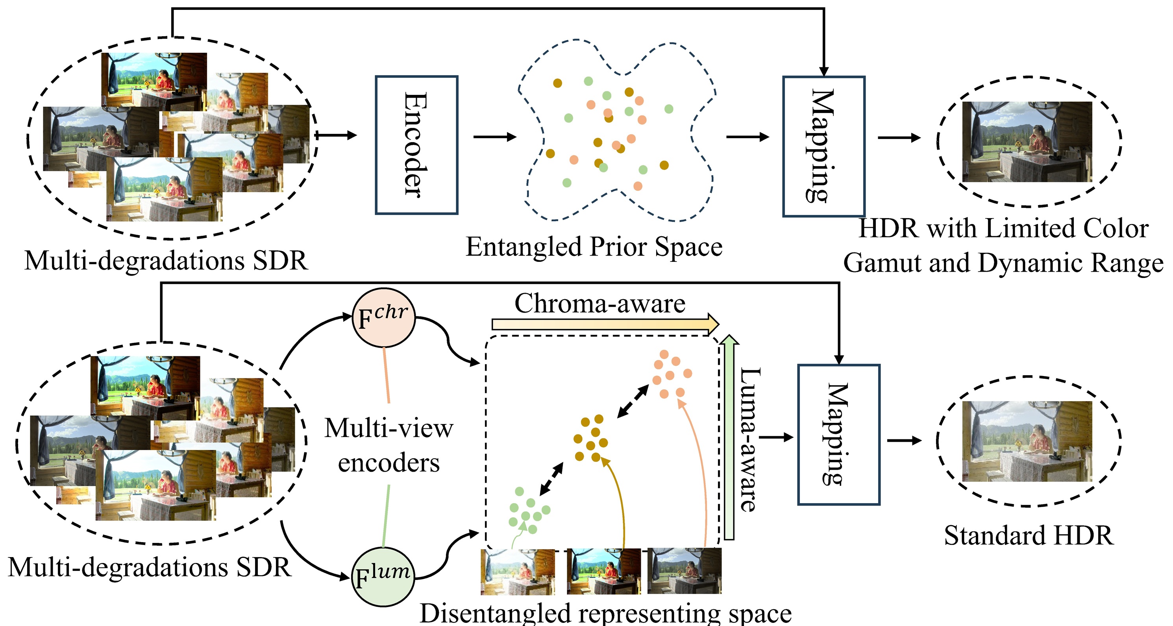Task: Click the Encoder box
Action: tap(416, 145)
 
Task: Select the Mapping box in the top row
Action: tap(823, 146)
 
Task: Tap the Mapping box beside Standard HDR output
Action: tap(838, 434)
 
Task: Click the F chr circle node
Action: tap(383, 318)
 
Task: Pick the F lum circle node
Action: tap(383, 577)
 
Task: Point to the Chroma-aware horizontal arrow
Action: tap(605, 324)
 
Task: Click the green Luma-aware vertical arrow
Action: tap(729, 437)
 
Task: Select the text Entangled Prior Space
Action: tap(594, 247)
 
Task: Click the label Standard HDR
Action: tap(1028, 535)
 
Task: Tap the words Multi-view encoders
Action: tap(389, 445)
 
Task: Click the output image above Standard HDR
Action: tap(1027, 441)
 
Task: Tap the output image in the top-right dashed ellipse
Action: tap(1027, 142)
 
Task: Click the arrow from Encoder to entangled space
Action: tap(494, 137)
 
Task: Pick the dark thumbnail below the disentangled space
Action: tap(684, 571)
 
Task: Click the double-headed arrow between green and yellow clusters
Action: tap(551, 479)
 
